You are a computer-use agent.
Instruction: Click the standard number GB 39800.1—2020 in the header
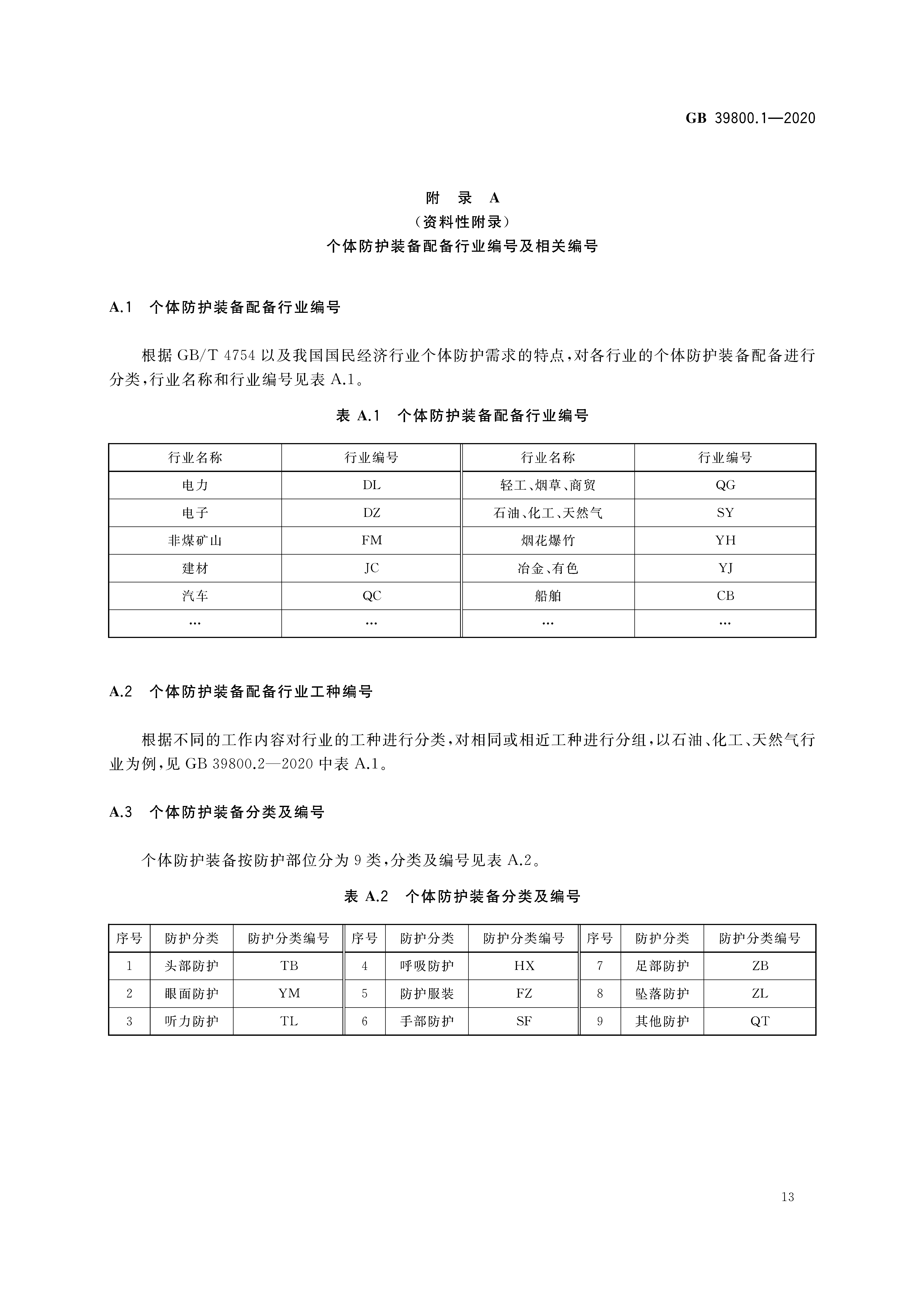point(750,118)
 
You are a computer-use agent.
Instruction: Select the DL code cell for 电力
point(371,485)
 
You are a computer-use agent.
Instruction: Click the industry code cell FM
point(371,540)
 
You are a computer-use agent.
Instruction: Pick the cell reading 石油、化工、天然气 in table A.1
point(548,513)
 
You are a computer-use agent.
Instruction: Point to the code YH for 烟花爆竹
point(725,540)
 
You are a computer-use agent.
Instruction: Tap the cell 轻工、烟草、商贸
point(548,485)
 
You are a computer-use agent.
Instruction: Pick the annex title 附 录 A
point(462,198)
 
